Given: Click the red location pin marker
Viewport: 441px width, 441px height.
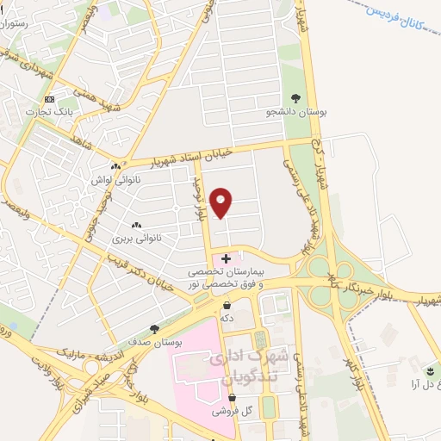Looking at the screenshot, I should point(222,202).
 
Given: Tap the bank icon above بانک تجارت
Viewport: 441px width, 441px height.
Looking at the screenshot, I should point(50,99).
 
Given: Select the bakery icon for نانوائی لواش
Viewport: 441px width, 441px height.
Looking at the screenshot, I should point(115,167).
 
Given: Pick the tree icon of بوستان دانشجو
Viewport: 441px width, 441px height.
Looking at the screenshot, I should point(296,98).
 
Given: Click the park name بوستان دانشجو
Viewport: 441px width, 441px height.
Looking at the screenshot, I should point(295,112).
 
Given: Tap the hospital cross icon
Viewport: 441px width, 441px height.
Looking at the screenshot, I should point(227,258).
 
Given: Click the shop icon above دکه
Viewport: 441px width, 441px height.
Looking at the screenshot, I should point(227,305).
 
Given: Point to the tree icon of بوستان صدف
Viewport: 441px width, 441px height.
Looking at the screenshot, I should point(154,328).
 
